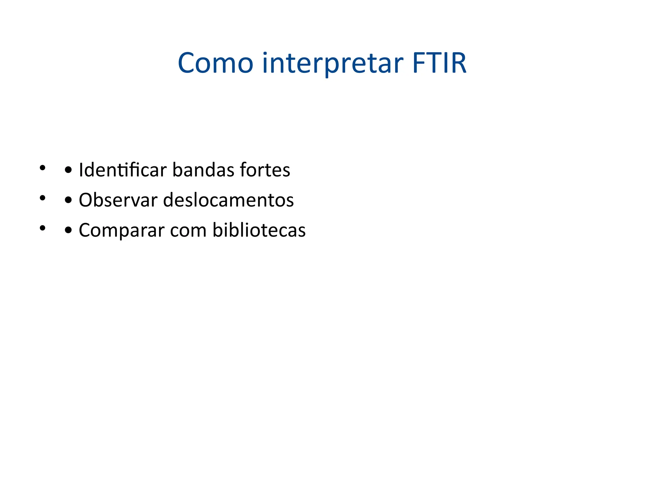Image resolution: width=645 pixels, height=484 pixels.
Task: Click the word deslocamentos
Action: (229, 200)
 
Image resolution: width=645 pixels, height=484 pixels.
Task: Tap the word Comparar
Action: (122, 230)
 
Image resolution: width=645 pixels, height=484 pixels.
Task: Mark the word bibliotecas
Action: (259, 230)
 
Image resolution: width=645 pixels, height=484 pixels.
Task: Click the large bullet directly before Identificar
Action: (68, 170)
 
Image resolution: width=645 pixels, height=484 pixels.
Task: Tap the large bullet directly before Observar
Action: (68, 201)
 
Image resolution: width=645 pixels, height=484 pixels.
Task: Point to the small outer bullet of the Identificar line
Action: (42, 168)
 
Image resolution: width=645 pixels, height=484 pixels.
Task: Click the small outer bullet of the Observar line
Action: (42, 198)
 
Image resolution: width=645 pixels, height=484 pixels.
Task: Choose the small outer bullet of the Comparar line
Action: (42, 228)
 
